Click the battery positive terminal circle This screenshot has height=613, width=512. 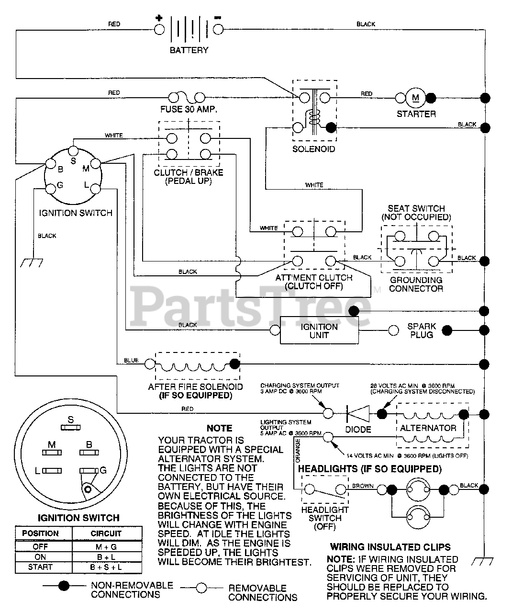159,29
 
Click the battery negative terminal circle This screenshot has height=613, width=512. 218,29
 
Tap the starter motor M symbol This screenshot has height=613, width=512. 415,98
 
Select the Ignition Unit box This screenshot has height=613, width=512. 319,330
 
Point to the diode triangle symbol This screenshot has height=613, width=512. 358,414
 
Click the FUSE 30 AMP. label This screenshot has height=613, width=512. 189,109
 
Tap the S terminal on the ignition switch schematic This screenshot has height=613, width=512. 73,151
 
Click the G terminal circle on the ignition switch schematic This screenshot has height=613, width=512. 51,189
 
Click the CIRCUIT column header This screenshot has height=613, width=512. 106,534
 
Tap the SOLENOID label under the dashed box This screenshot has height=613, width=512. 313,149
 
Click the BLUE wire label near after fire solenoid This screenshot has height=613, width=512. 131,360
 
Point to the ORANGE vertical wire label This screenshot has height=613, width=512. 298,451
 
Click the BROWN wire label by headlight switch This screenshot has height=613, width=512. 363,486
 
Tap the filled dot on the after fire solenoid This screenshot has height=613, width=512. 234,364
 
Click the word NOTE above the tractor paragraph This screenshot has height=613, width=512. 220,428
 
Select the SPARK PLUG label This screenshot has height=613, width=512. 422,330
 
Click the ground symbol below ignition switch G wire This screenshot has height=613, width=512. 32,263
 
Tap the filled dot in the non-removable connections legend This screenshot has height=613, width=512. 64,586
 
